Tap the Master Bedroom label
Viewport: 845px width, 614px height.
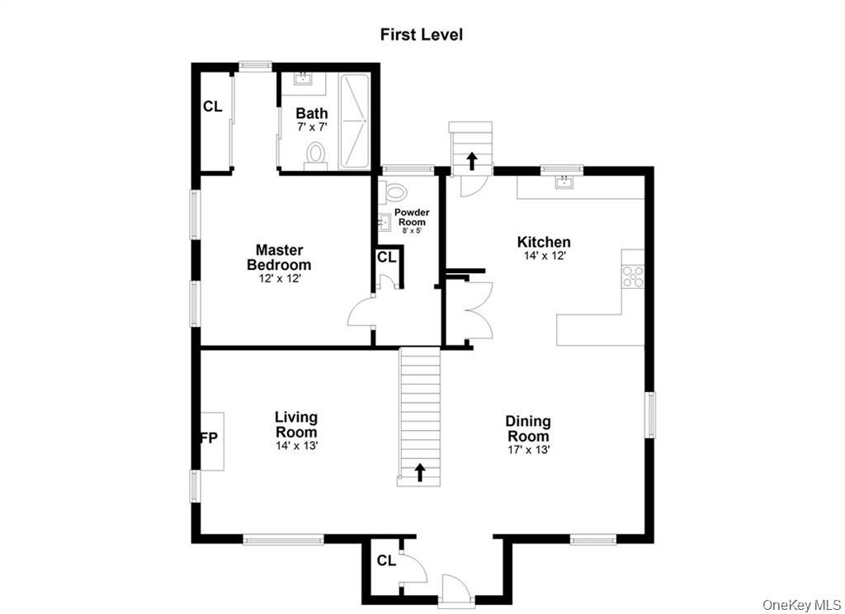coord(279,257)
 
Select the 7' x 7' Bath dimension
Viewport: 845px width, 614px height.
coord(312,127)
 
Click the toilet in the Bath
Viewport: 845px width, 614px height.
coord(315,154)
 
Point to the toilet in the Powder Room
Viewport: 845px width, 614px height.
coord(396,193)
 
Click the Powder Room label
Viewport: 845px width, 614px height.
coord(411,217)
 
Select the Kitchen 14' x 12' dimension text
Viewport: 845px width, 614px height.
coord(544,256)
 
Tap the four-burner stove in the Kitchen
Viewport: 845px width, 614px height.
coord(633,276)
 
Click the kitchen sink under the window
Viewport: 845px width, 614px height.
coord(564,182)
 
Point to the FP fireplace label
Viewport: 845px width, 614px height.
coord(210,438)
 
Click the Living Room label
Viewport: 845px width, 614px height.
coord(296,425)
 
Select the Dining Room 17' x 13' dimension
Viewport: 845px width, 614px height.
coord(529,450)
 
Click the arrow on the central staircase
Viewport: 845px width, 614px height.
coord(419,472)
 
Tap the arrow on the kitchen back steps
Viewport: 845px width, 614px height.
coord(471,160)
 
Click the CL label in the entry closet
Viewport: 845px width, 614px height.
coord(386,561)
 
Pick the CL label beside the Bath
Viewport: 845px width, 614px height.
coord(213,106)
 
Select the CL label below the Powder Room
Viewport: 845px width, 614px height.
coord(387,257)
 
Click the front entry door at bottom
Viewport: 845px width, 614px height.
coord(454,589)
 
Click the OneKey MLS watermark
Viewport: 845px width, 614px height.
coord(800,605)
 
